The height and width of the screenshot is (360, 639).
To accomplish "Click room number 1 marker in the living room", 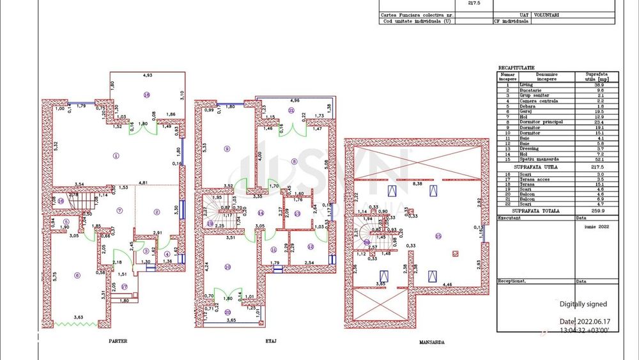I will point(116,155).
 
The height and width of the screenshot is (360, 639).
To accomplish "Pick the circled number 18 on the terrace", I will point(146,95).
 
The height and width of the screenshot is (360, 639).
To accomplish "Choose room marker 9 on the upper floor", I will point(227,149).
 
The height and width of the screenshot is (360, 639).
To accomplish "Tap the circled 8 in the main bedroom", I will point(294,160).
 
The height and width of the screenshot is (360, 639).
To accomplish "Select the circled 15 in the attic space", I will point(438,236).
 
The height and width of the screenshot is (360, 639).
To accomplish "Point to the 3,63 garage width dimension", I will point(78,317).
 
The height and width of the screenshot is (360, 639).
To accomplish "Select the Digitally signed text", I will point(583,304).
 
